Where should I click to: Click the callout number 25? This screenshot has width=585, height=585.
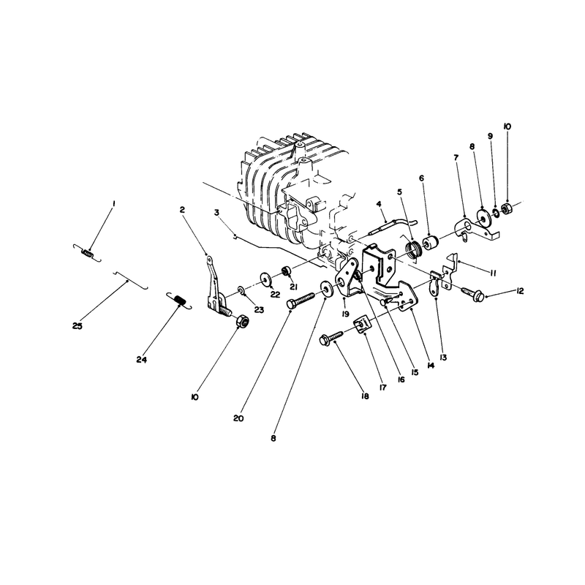(78, 325)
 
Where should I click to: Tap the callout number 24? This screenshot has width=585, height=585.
(142, 360)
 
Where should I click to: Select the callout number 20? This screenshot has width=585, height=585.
(238, 418)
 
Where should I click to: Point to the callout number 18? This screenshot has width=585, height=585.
(365, 396)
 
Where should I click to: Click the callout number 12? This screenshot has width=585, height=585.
(519, 290)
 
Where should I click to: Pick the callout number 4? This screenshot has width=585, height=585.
(379, 204)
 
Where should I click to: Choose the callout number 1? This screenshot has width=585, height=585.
(114, 203)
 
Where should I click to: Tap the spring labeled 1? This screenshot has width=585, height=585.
(86, 252)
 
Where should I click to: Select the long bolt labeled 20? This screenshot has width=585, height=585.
(301, 300)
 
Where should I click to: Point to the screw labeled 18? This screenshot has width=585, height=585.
(331, 336)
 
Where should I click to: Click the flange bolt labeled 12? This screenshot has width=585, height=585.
(473, 293)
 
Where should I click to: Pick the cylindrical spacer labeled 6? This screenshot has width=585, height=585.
(430, 243)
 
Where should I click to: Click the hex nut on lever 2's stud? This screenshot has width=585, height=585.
(243, 320)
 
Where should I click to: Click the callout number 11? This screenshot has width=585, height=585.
(492, 273)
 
